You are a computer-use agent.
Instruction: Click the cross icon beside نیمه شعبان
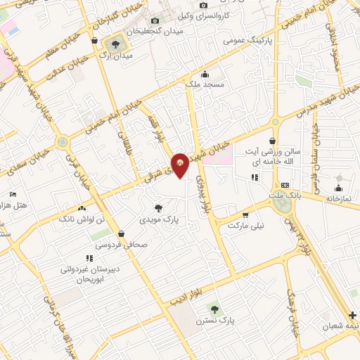click(x=352, y=315)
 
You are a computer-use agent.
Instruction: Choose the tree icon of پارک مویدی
click(x=160, y=207)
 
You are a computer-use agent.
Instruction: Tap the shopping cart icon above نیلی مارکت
click(x=245, y=215)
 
